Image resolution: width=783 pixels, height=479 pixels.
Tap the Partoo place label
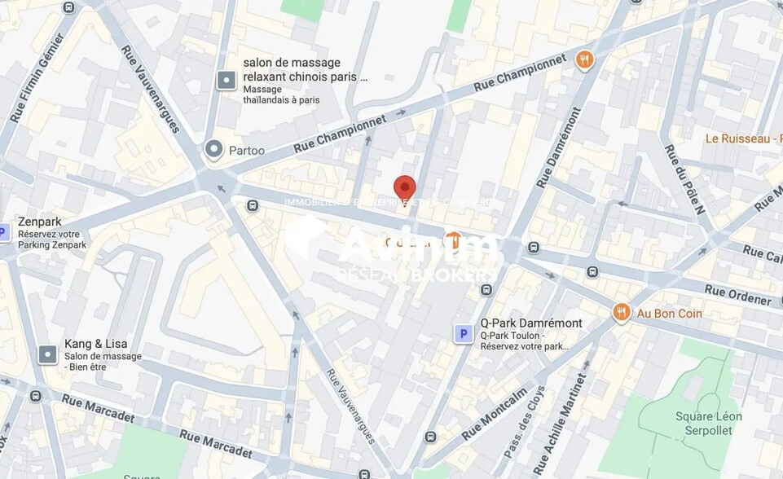click(246, 150)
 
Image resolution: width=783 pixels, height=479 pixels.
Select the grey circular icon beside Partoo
click(214, 149)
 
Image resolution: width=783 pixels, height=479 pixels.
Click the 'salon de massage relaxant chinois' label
click(305, 70)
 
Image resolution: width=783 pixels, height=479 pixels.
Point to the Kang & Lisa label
click(95, 344)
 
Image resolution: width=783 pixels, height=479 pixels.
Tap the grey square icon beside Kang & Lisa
click(48, 354)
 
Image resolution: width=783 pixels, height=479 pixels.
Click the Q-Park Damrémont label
click(531, 323)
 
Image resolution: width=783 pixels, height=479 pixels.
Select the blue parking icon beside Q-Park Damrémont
click(464, 333)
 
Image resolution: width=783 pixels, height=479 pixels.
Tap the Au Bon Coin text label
click(669, 314)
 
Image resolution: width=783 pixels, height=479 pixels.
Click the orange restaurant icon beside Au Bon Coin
click(622, 313)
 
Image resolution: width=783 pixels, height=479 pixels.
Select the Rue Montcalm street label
click(495, 414)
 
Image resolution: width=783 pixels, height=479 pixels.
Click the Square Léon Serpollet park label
click(708, 424)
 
